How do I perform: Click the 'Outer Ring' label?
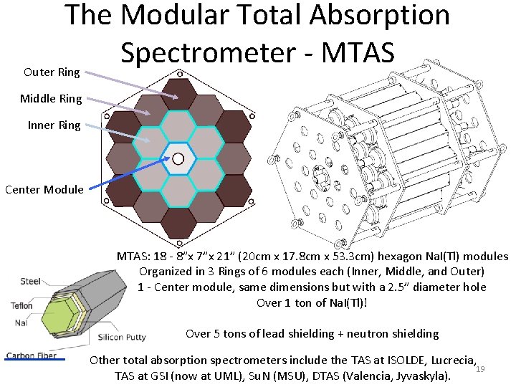(x=52, y=72)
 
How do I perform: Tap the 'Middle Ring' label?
(x=51, y=99)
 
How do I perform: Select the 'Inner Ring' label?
(x=54, y=125)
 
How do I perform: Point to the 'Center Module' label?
(x=44, y=190)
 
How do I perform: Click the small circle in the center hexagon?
(x=178, y=158)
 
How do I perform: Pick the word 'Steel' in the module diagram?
(x=31, y=281)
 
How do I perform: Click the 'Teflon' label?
(x=21, y=306)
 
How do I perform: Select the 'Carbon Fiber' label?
(x=32, y=355)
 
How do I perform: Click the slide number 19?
(x=481, y=369)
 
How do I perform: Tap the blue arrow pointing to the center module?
(x=129, y=175)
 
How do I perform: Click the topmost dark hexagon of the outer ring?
(x=178, y=92)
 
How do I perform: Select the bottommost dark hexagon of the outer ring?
(x=178, y=224)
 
